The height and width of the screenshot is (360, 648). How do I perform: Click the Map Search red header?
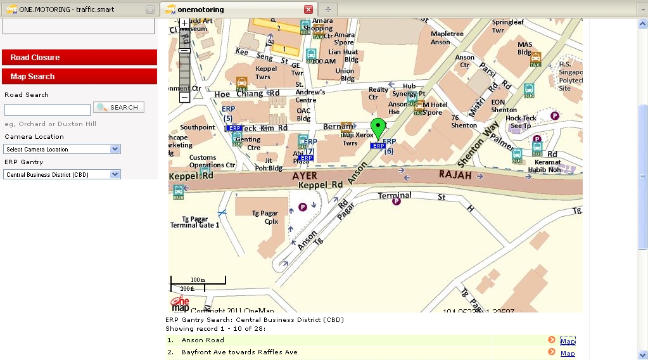(79, 77)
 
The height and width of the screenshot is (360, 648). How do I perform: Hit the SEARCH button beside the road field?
(118, 107)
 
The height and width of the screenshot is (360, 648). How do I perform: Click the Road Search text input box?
(48, 110)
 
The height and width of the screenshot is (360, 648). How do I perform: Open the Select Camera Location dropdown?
(62, 149)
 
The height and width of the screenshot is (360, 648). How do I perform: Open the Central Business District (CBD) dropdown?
(62, 174)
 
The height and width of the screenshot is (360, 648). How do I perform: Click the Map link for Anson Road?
(568, 341)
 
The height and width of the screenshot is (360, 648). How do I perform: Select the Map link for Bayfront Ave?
(568, 353)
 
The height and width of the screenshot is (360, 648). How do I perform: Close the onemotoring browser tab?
(308, 10)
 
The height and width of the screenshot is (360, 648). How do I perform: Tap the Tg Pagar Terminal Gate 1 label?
(195, 221)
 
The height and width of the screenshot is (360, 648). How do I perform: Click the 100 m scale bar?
(198, 280)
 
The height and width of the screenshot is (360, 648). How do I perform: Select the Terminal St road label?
(412, 196)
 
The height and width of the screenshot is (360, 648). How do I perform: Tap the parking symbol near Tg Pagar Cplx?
(303, 207)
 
